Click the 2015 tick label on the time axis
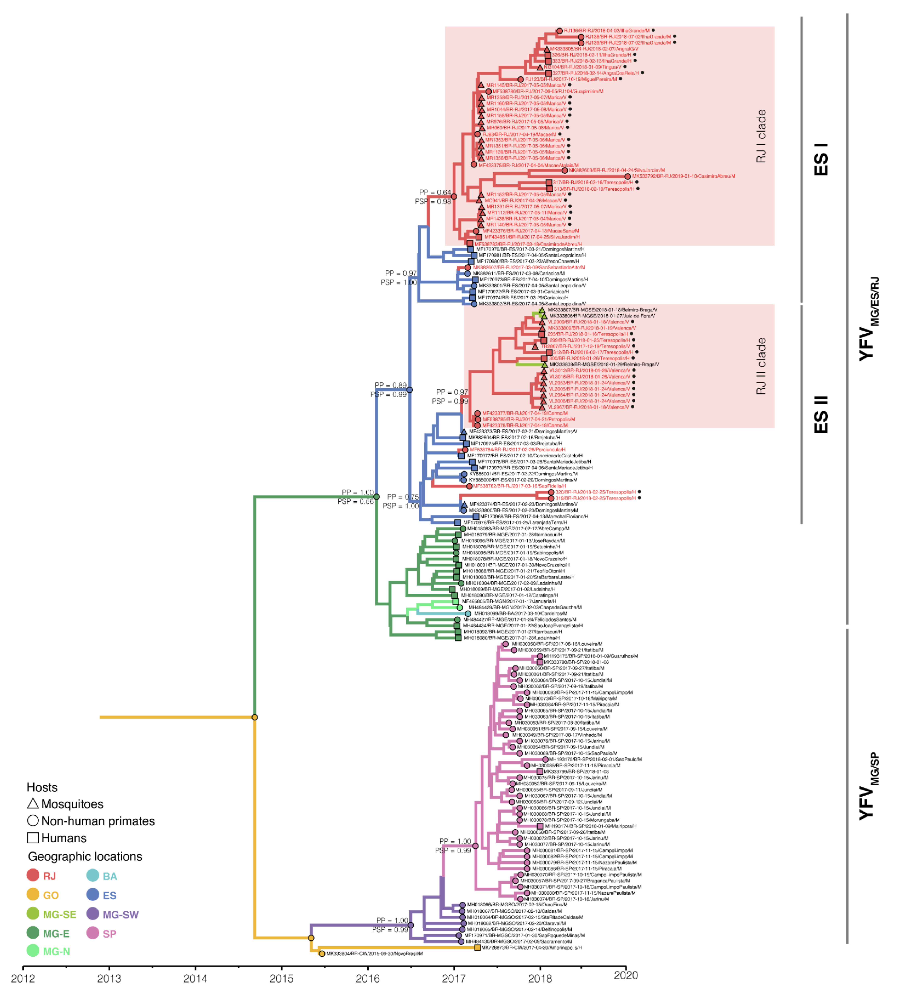pos(281,978)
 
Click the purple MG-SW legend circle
pos(93,914)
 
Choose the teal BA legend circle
pos(93,875)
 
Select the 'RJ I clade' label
pos(761,136)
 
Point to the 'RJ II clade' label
pos(761,366)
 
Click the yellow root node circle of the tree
pos(255,717)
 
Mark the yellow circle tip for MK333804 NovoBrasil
pos(322,954)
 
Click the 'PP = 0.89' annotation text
pos(391,385)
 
